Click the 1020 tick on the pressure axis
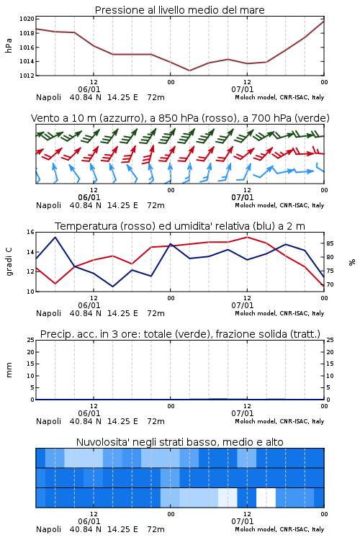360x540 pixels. [x=27, y=19]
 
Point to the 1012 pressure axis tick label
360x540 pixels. [x=27, y=76]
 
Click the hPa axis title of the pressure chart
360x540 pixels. [x=9, y=45]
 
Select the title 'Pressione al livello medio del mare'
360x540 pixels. [x=180, y=10]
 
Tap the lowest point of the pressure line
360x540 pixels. [x=189, y=71]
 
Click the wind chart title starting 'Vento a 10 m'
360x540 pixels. [x=180, y=118]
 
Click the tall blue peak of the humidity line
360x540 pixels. [x=55, y=238]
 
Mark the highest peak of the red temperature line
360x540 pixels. [x=247, y=238]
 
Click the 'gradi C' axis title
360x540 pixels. [x=9, y=262]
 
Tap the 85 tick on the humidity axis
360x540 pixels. [x=330, y=243]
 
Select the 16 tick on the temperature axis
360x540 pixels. [x=30, y=232]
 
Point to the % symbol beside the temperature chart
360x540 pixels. [x=352, y=262]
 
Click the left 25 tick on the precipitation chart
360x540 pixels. [x=30, y=341]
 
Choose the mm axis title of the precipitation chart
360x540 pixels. [x=9, y=370]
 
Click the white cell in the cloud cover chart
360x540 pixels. [x=266, y=498]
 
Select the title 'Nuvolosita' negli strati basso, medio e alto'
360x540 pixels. [x=180, y=442]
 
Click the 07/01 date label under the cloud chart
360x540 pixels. [x=243, y=521]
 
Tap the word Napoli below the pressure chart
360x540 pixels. [x=48, y=97]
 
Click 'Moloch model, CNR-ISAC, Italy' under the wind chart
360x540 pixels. [x=279, y=206]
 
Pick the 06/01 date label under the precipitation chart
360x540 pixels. [x=89, y=413]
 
